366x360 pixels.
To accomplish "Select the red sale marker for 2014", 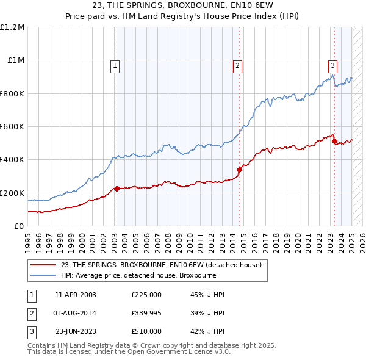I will coord(240,170).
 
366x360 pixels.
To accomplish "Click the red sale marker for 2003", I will coord(117,189).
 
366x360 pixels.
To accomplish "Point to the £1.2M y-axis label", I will coord(12,27).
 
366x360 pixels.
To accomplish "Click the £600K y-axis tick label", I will coord(12,127).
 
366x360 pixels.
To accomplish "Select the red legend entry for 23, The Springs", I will coord(161,265).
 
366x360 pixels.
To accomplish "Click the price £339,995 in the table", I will coord(146,313).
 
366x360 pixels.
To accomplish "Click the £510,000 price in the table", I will coord(146,331).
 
